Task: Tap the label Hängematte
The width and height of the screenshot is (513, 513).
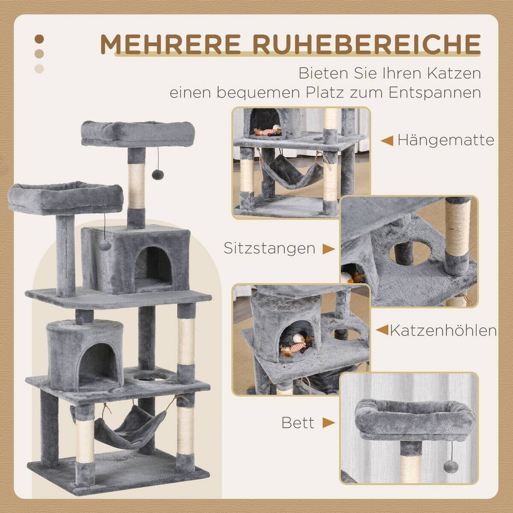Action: point(445,140)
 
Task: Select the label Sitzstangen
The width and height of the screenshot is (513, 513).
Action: point(269,248)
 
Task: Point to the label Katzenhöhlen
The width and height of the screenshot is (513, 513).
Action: point(444,330)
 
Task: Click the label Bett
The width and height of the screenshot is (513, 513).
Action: point(298,423)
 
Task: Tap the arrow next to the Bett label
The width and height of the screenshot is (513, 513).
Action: point(328,423)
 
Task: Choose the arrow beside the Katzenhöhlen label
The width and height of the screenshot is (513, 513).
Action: point(382,330)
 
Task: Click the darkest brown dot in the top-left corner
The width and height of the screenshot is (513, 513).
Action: point(39,39)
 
